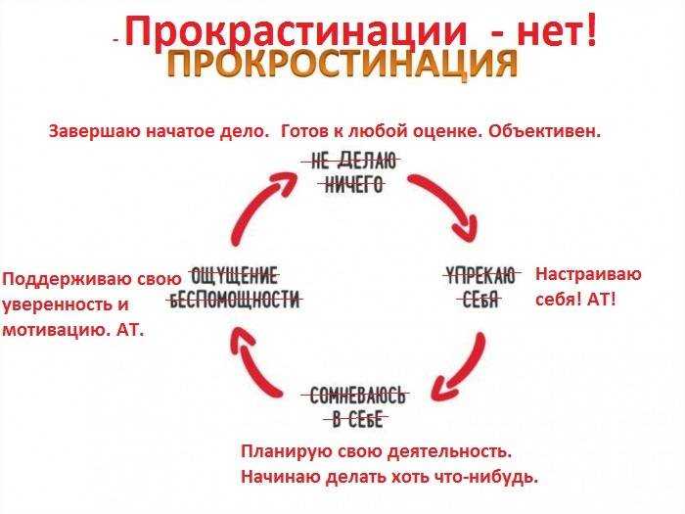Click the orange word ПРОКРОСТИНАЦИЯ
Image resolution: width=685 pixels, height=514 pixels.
click(342, 64)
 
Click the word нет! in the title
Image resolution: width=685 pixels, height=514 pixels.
click(557, 30)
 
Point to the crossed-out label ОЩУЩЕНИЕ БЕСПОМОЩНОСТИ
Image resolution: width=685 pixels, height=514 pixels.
click(235, 288)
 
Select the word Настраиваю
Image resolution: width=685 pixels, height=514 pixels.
click(588, 274)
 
